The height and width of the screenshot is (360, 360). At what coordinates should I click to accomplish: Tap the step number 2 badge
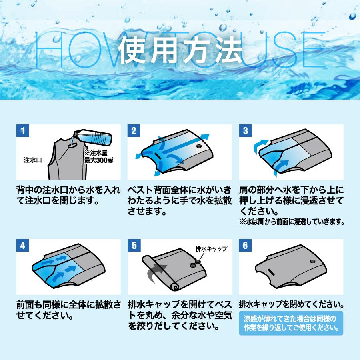[134, 131]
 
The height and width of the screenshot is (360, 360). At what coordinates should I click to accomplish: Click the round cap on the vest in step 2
[198, 147]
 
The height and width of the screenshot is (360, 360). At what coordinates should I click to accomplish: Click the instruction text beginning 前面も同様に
[68, 310]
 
